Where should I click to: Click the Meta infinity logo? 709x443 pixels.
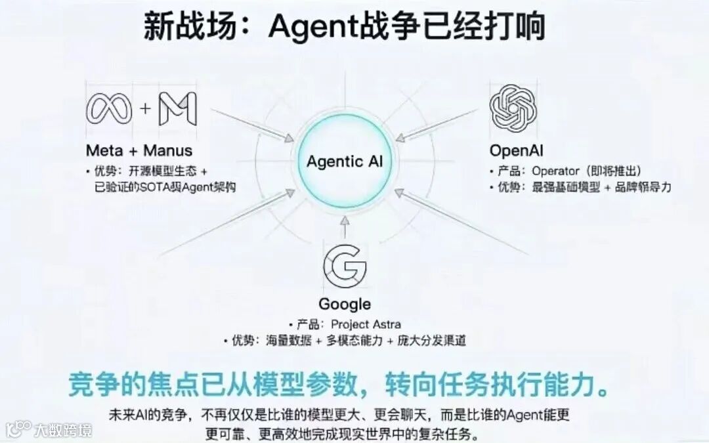[x=109, y=109]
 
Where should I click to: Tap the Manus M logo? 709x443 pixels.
[x=177, y=110]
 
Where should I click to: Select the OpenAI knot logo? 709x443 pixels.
[x=513, y=109]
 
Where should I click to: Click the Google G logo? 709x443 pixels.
[x=345, y=265]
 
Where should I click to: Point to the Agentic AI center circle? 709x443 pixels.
[x=344, y=161]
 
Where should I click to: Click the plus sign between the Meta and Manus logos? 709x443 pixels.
[x=145, y=109]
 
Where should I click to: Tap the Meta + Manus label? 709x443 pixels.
[x=139, y=150]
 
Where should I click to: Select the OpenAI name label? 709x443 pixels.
[x=516, y=151]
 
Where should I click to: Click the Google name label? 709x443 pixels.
[x=345, y=304]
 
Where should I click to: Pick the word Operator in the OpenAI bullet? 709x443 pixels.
[x=557, y=171]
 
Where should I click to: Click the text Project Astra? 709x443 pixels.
[x=366, y=324]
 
